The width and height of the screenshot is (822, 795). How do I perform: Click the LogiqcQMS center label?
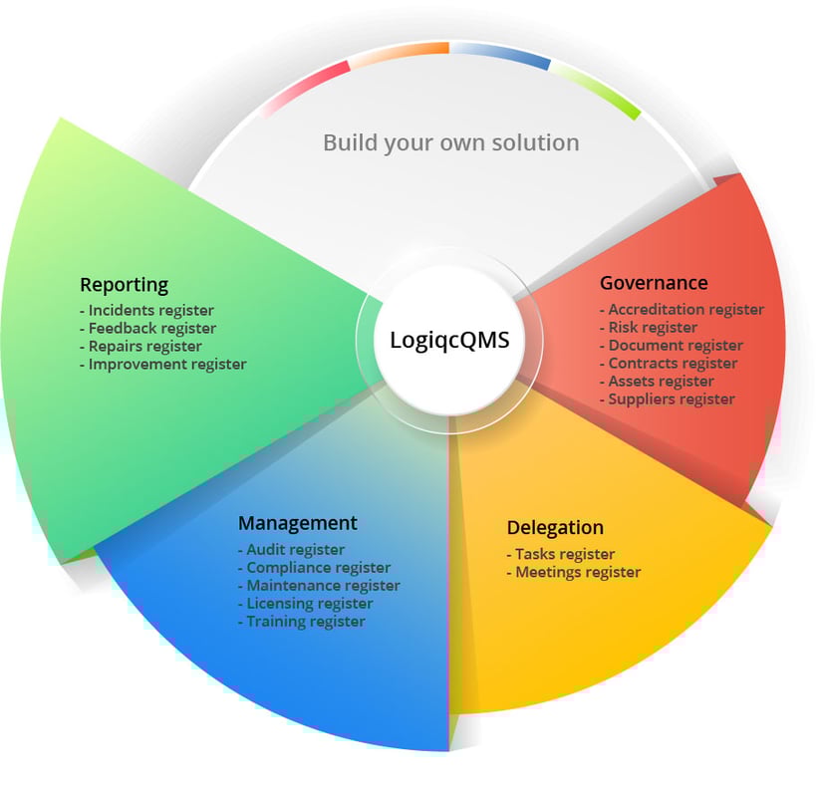tap(448, 341)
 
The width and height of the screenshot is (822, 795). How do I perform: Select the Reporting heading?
tap(124, 285)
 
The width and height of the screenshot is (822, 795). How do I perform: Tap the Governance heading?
tap(654, 283)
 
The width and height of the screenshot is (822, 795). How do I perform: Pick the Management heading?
tap(297, 523)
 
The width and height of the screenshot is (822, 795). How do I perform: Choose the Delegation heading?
tap(555, 528)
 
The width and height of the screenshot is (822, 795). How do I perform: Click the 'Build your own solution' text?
tap(450, 142)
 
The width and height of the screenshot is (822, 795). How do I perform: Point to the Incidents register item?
tap(150, 311)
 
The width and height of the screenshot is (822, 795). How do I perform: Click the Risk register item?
tap(653, 328)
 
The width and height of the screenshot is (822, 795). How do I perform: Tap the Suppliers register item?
tap(672, 399)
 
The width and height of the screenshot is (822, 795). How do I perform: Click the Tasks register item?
tap(564, 554)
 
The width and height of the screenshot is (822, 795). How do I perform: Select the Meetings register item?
tap(577, 572)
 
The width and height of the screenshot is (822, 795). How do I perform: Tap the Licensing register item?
tap(309, 604)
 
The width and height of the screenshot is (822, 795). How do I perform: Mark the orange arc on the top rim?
tap(399, 53)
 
